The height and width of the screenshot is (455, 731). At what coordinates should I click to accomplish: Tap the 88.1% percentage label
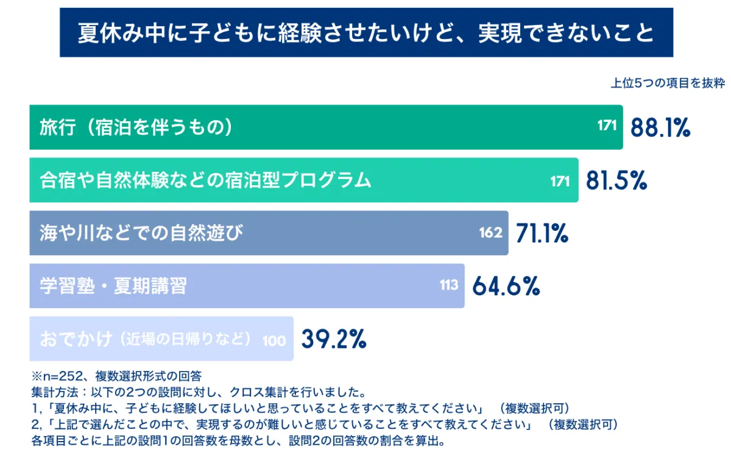pyautogui.click(x=660, y=127)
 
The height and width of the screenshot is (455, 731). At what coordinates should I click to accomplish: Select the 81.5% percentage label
pyautogui.click(x=616, y=180)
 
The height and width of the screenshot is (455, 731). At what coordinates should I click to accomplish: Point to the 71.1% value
pyautogui.click(x=542, y=233)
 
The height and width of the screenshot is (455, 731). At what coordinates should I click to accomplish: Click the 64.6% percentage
pyautogui.click(x=506, y=286)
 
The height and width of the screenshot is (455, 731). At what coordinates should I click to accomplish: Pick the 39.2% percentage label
pyautogui.click(x=334, y=339)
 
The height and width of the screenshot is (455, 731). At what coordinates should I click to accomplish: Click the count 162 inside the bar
pyautogui.click(x=490, y=233)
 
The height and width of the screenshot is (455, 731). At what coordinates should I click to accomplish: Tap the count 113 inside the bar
pyautogui.click(x=449, y=285)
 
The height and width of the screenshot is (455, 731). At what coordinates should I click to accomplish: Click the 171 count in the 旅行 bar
pyautogui.click(x=607, y=127)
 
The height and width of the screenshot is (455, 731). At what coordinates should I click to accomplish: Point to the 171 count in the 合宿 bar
pyautogui.click(x=560, y=180)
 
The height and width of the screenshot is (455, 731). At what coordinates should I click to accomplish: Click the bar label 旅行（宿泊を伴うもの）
pyautogui.click(x=136, y=127)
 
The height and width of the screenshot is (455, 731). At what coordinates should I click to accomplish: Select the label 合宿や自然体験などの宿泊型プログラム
pyautogui.click(x=205, y=180)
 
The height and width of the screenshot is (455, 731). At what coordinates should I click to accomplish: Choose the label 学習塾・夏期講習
pyautogui.click(x=113, y=286)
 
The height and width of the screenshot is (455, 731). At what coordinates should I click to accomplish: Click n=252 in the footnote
pyautogui.click(x=60, y=375)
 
